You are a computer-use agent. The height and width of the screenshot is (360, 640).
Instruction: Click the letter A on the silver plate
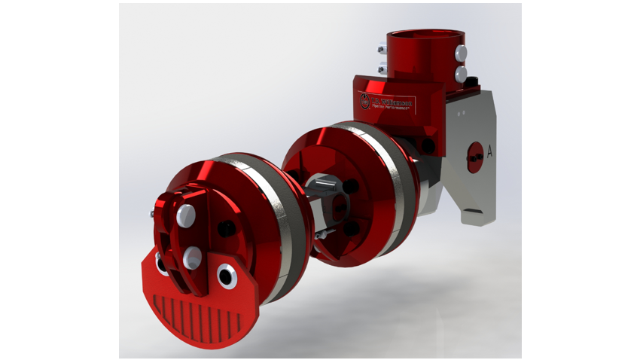[x=489, y=151]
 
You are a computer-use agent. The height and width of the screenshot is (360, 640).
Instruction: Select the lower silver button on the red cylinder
[x=461, y=72]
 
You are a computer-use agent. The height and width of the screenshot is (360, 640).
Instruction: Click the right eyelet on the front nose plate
[x=227, y=276]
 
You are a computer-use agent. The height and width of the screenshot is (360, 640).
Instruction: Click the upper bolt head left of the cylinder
[x=381, y=50]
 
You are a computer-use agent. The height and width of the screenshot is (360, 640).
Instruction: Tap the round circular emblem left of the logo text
[x=367, y=101]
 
